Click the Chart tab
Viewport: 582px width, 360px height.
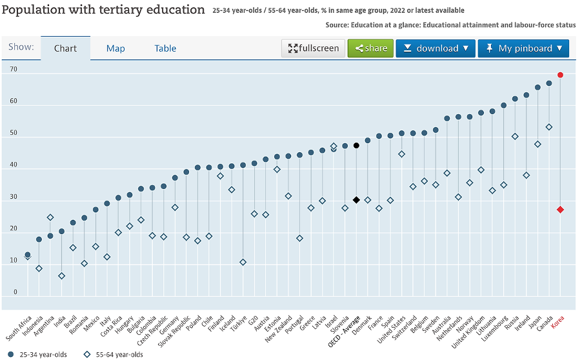coord(65,48)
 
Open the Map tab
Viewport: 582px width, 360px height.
coord(115,48)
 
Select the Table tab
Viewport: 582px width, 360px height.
coord(165,48)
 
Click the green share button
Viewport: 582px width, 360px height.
coord(370,48)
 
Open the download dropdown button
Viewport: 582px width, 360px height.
coord(436,48)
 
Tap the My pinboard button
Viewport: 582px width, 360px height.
coord(523,48)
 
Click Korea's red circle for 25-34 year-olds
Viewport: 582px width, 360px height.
coord(561,75)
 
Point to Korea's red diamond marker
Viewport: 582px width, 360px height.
coord(561,210)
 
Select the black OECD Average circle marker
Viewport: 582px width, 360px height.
coord(356,146)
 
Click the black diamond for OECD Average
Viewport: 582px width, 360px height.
coord(356,200)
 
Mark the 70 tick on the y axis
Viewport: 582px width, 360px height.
coord(14,69)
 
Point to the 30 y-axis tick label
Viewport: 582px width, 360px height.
coord(14,197)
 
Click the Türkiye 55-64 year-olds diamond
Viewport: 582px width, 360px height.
coord(243,263)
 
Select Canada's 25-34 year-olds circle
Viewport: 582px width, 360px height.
coord(549,83)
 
